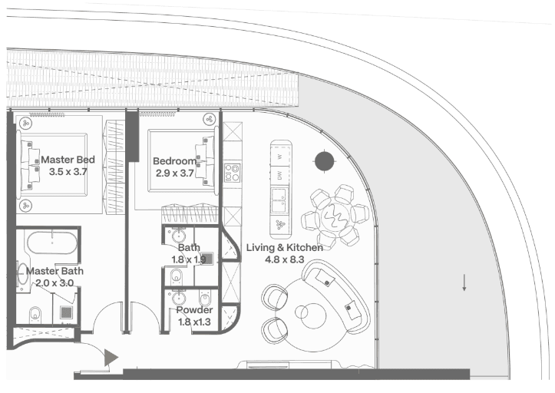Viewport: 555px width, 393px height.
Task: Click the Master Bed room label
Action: [68, 160]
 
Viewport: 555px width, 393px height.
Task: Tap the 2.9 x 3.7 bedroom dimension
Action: [175, 173]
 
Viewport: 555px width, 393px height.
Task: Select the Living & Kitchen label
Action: [285, 247]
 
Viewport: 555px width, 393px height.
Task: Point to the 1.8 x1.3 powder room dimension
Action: [194, 322]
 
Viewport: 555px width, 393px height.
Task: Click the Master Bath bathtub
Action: [52, 243]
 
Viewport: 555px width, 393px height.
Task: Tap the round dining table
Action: [334, 216]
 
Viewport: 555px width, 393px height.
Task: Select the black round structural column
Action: [325, 161]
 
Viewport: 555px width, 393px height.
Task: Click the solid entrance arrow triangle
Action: [111, 357]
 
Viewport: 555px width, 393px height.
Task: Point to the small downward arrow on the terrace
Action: [464, 282]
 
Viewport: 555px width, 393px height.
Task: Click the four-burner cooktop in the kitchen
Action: [233, 173]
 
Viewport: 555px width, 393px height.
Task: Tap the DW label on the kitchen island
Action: [279, 175]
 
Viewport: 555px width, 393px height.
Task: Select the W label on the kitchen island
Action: [280, 156]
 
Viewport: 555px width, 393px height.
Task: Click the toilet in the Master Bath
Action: [35, 314]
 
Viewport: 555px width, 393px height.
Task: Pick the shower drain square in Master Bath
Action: [66, 312]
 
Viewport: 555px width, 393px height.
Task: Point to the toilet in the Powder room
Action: [205, 299]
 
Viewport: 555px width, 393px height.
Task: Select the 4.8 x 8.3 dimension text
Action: [285, 259]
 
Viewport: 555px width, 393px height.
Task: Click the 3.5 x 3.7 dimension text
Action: [68, 172]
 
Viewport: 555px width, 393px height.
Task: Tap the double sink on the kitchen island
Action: [280, 200]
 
